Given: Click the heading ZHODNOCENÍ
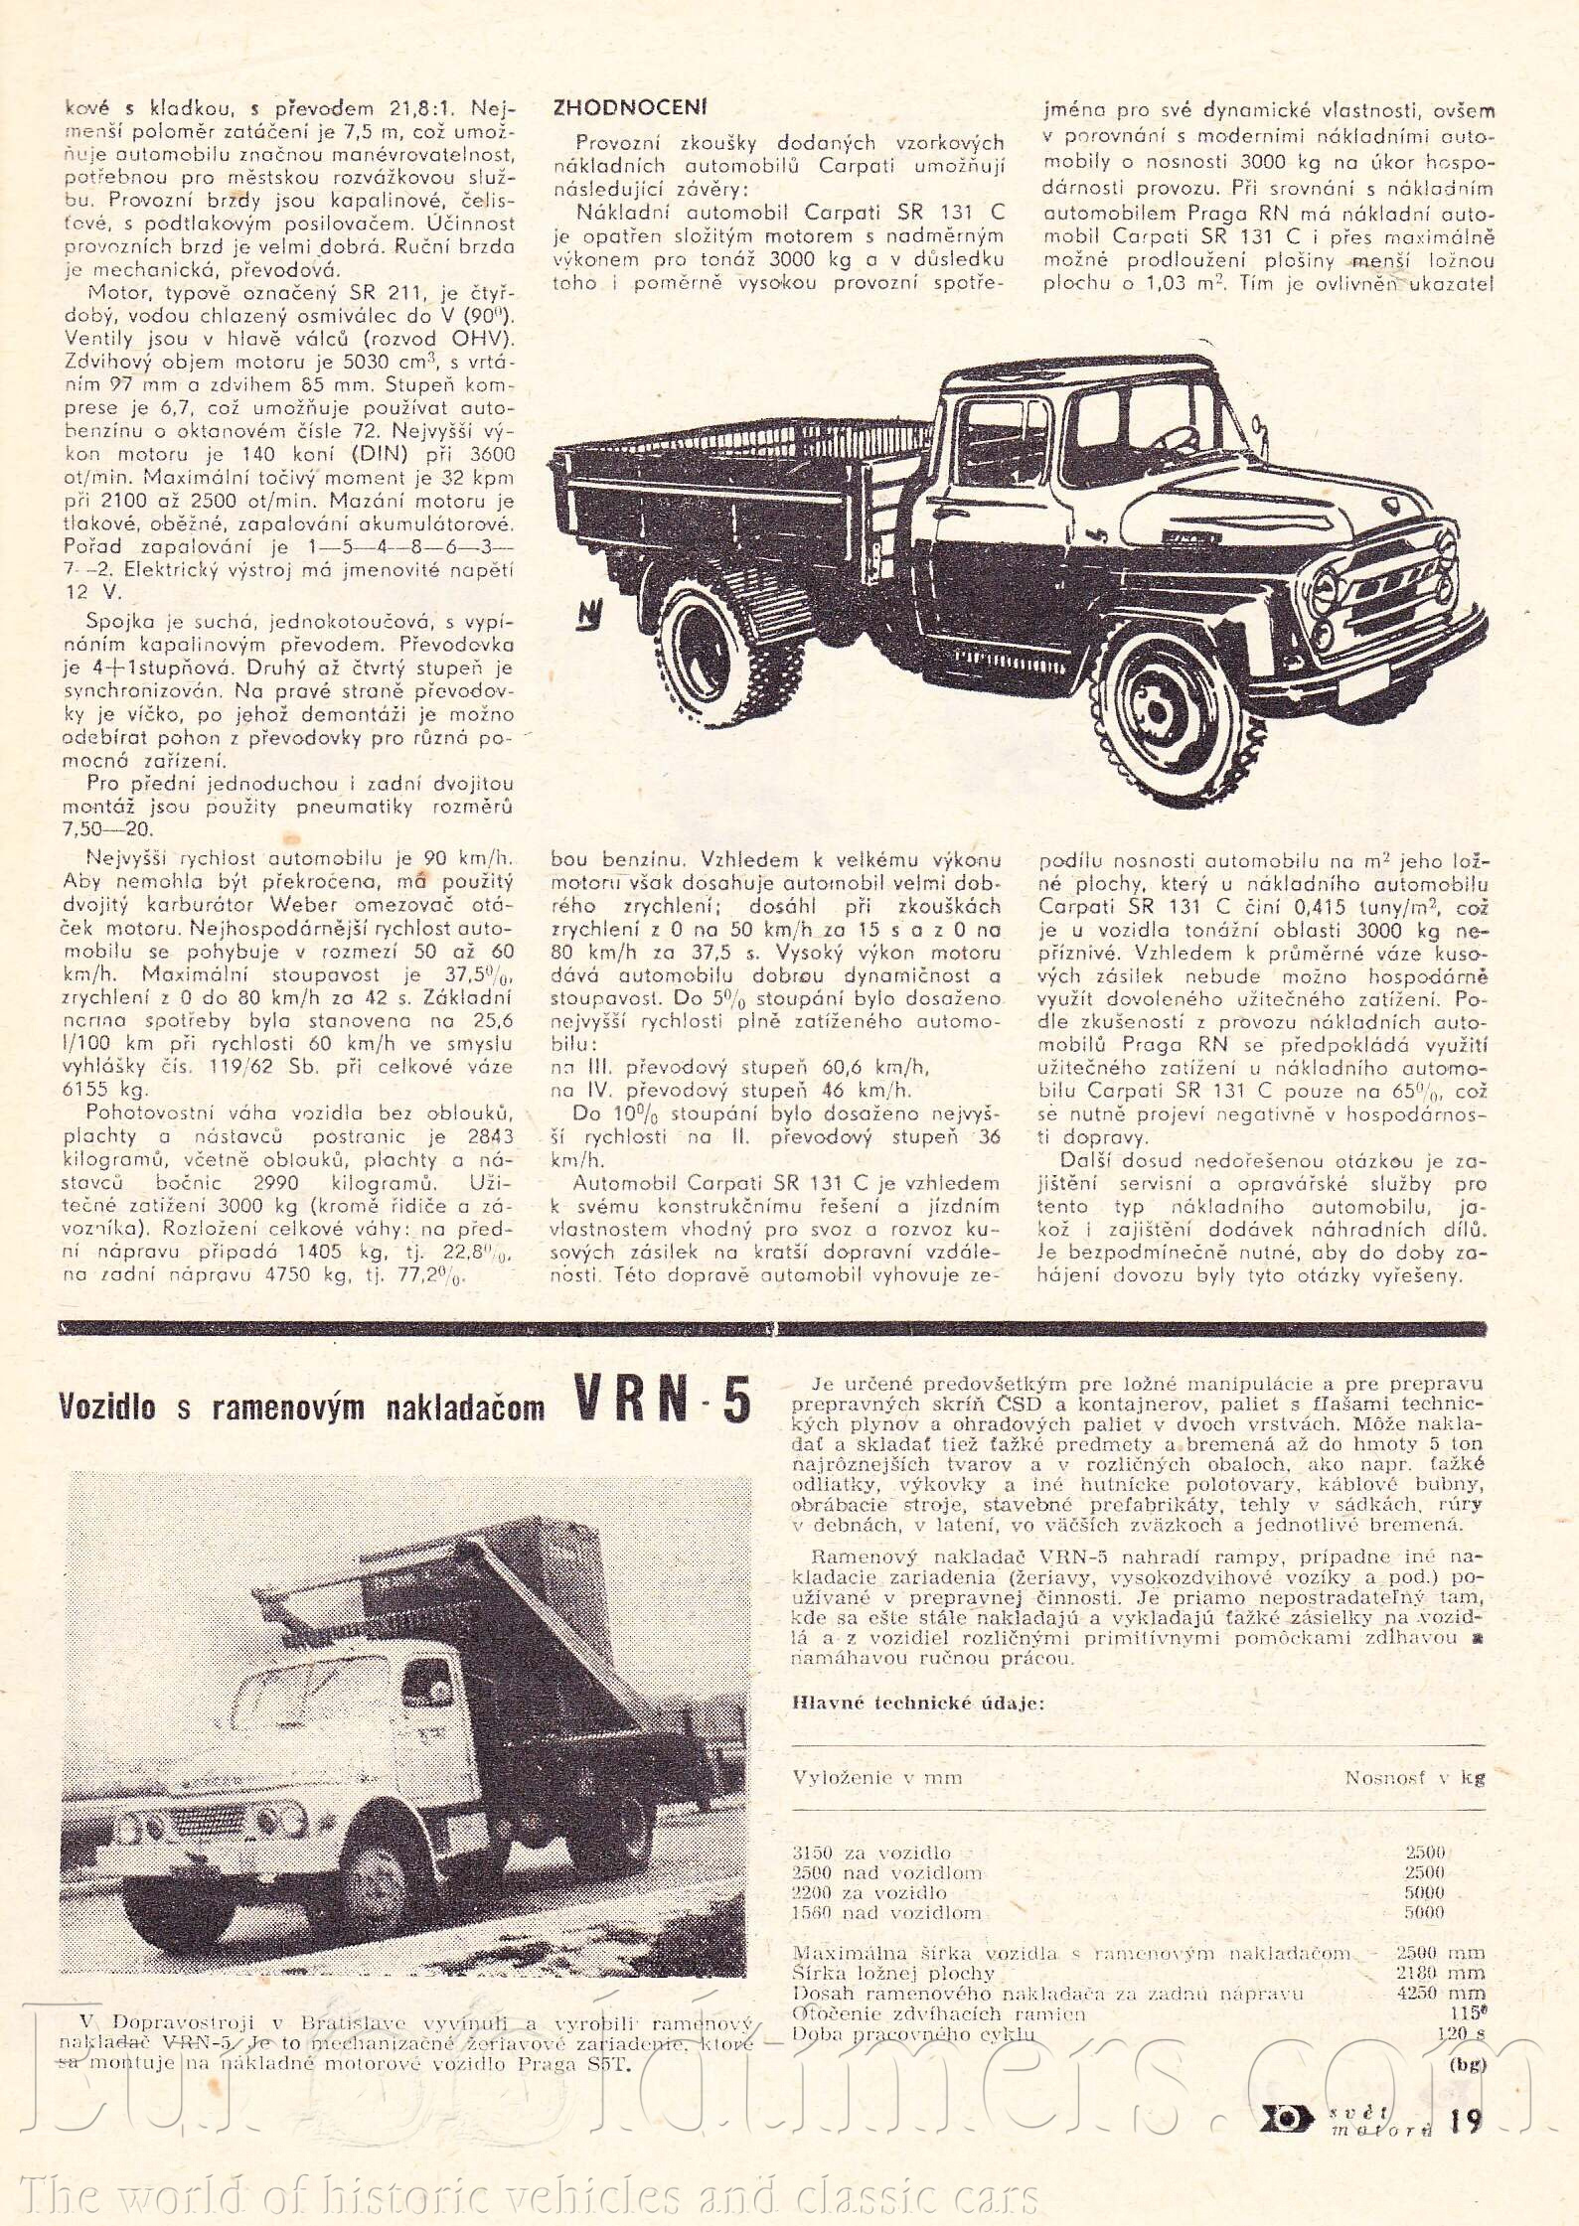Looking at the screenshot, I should click(x=630, y=108).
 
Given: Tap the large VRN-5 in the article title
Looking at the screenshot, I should click(x=662, y=1403).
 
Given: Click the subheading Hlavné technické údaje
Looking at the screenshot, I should click(x=917, y=1703).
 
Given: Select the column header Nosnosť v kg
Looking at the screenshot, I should click(x=1414, y=1776).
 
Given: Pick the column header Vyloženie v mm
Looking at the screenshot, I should click(x=876, y=1776).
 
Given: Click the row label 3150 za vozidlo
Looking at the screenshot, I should click(x=870, y=1853).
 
